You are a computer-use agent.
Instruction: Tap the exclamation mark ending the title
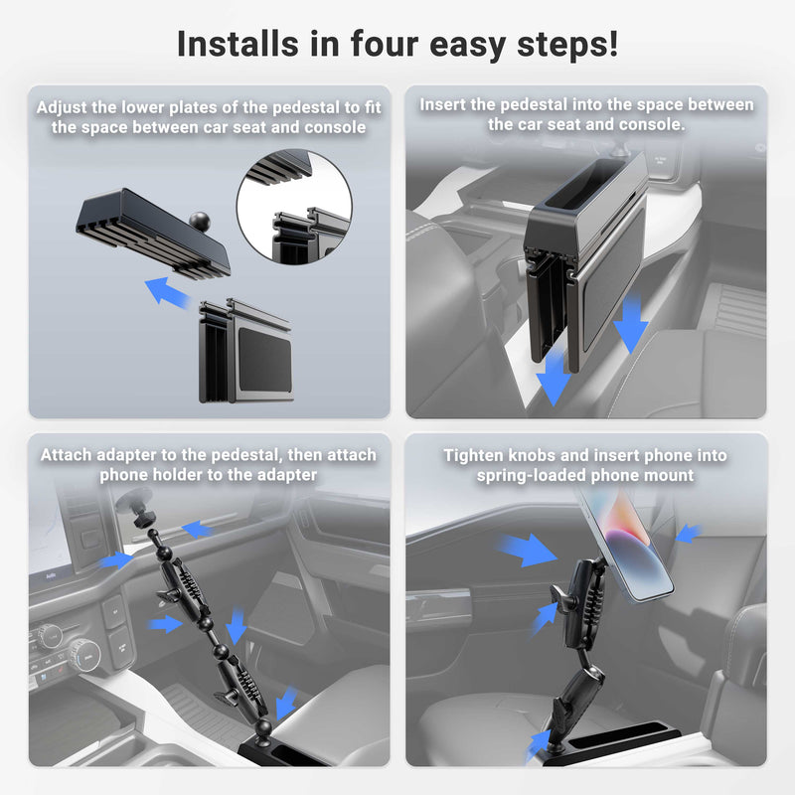[613, 44]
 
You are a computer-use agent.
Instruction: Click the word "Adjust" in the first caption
[65, 107]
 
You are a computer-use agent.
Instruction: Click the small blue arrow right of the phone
[687, 534]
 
